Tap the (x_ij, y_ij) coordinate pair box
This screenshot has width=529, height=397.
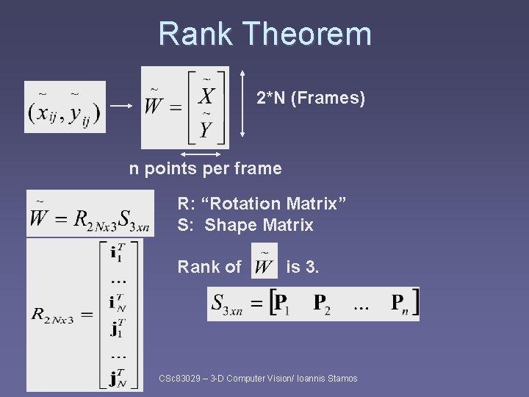click(x=65, y=107)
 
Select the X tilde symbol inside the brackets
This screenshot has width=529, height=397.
click(x=206, y=95)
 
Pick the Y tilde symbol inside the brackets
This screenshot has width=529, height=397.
click(x=206, y=129)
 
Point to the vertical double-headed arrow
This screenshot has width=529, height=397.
click(x=242, y=107)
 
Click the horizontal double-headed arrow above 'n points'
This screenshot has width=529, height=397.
click(x=201, y=154)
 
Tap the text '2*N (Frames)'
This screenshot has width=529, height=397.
click(x=311, y=98)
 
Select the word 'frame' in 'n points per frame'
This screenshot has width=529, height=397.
click(x=258, y=168)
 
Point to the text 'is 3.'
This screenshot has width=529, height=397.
click(x=302, y=267)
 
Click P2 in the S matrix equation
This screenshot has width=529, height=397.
click(x=321, y=303)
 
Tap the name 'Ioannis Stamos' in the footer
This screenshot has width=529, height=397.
click(x=328, y=379)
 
